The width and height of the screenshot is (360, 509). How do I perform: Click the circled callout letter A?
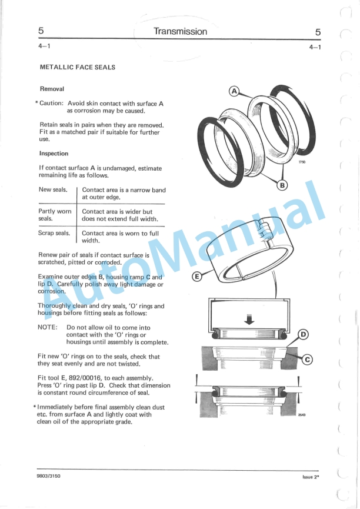pos(234,91)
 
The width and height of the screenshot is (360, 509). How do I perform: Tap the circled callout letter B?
pos(282,185)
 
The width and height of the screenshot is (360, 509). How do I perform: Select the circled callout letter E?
pos(196,277)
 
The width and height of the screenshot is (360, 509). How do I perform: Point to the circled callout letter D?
pos(303,335)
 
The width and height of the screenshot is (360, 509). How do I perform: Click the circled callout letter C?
pos(307,360)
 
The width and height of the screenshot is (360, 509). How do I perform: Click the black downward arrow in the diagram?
pos(249,320)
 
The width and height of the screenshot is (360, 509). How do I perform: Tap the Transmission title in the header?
pos(180,32)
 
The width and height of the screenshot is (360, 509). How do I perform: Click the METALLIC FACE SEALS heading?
pos(78,67)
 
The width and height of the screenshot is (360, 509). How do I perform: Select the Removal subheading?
pos(52,89)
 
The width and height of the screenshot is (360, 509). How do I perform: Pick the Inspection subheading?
pos(54,154)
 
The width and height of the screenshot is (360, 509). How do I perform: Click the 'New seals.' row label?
pos(53,189)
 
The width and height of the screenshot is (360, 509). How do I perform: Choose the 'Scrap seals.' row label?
pos(54,233)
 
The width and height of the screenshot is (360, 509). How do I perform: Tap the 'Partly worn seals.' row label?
pos(55,215)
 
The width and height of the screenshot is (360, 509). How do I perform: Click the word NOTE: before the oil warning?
pos(48,327)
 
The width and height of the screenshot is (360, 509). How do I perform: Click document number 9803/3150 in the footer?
pos(49,476)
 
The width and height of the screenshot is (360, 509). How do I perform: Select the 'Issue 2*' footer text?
pos(311,477)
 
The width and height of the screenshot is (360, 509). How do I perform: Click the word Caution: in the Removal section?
pos(51,103)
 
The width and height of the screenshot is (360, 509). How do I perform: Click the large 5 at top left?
pos(41,31)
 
